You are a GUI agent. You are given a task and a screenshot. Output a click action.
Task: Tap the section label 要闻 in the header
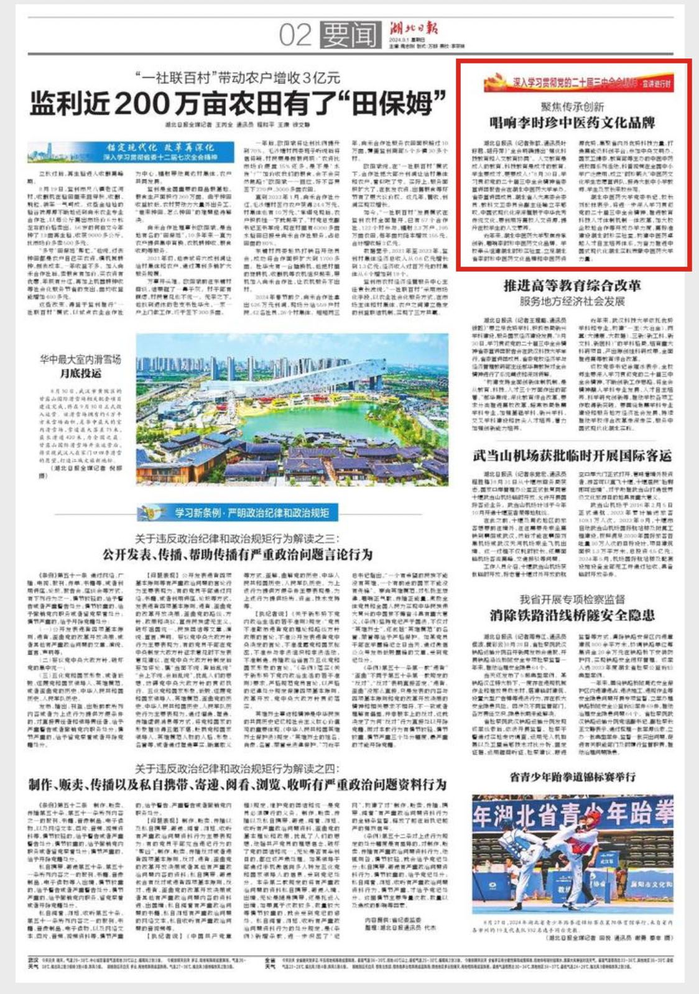point(351,35)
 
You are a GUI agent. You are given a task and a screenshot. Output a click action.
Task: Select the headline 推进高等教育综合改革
point(572,286)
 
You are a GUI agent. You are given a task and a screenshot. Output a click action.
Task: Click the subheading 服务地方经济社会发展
point(572,301)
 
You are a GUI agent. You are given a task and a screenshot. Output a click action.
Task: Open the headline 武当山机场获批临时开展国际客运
point(572,455)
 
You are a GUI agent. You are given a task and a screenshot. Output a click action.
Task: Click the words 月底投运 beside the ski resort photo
point(81,374)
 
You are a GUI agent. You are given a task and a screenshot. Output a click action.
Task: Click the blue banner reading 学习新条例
point(239,513)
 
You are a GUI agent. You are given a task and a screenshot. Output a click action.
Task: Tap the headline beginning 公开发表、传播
point(238,555)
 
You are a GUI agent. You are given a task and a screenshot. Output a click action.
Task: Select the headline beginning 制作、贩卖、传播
point(238,785)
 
